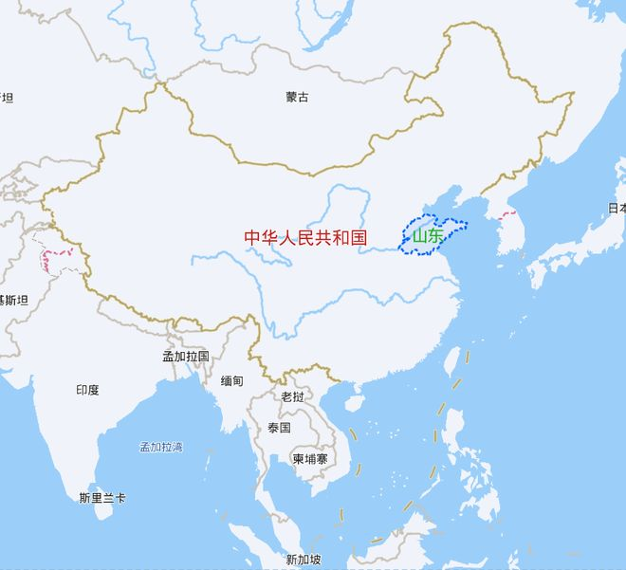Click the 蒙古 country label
(x=297, y=97)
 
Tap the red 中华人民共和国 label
(x=304, y=237)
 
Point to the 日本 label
(x=617, y=208)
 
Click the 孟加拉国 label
(x=185, y=356)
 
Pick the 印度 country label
(x=87, y=390)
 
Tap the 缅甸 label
(x=231, y=380)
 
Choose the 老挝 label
(x=292, y=396)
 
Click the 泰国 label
(x=279, y=428)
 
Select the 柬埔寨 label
(x=309, y=459)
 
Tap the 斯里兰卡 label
(x=102, y=497)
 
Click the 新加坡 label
(x=304, y=559)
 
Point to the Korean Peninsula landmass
(x=509, y=232)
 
